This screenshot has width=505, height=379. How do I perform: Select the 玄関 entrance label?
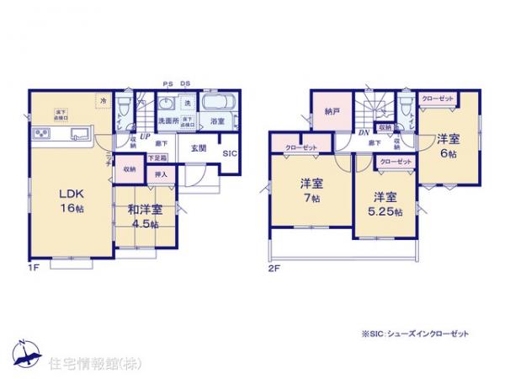[x=199, y=148]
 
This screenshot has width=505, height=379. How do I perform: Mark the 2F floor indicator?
[x=274, y=269]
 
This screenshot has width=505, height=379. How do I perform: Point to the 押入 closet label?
[x=159, y=175]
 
